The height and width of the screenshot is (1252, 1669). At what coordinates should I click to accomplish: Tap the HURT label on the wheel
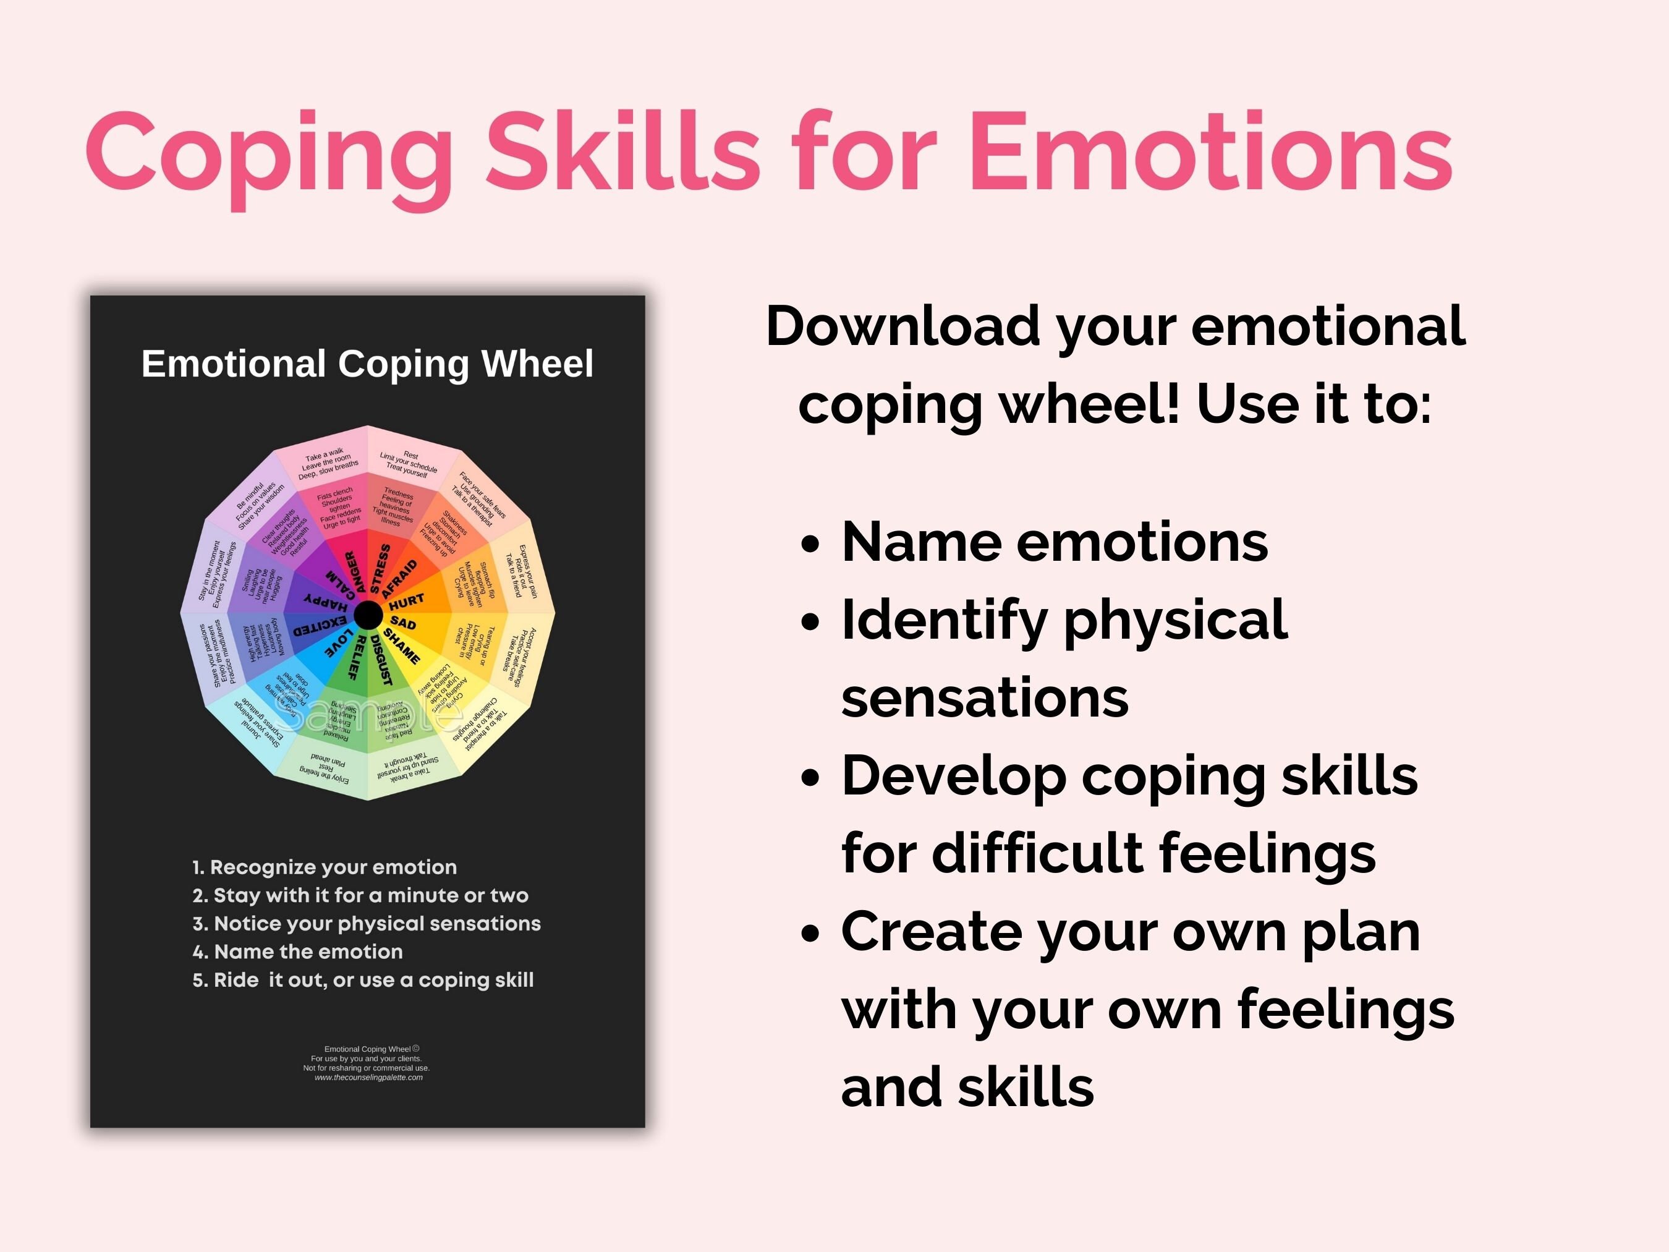407,602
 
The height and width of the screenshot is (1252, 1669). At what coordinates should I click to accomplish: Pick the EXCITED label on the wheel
321,626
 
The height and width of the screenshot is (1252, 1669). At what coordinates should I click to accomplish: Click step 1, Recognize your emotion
325,867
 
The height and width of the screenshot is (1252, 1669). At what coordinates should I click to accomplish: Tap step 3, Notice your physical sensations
367,924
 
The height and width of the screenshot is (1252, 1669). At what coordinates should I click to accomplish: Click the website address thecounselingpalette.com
368,1078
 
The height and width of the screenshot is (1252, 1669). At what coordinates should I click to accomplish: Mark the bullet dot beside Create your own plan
810,934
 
